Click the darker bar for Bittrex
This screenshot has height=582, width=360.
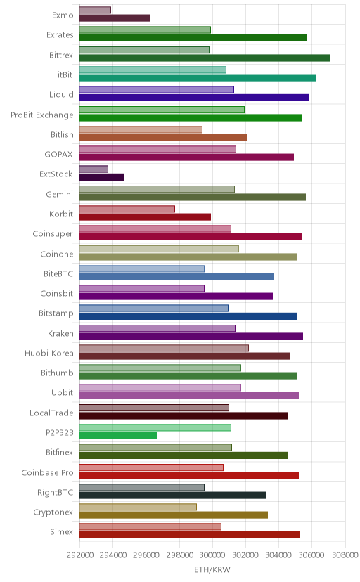coord(205,58)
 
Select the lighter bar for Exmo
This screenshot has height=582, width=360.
coord(95,10)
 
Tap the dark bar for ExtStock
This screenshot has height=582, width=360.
coord(102,177)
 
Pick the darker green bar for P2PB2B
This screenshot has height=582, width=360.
coord(118,435)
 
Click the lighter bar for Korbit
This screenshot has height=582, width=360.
coord(127,209)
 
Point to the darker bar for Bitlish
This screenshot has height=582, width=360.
coord(163,137)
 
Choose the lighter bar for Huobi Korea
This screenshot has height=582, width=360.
coord(164,348)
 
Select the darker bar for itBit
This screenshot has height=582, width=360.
coord(198,77)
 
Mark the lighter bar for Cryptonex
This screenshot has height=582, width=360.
coord(138,507)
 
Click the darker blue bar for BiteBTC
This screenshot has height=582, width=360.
coord(176,276)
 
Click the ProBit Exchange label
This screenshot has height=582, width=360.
coord(42,115)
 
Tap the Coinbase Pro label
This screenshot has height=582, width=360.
coord(48,472)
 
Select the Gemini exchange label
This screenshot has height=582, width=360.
coord(59,194)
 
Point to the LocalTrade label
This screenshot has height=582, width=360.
coord(51,413)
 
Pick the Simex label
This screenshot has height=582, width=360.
coord(62,531)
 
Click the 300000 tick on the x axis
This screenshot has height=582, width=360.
coord(212,555)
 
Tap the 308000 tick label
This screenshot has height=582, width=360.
coord(345,555)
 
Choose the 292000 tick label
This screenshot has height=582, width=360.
coord(79,555)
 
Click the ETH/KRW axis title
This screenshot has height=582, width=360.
coord(212,569)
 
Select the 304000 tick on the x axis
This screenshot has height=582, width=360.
coord(278,555)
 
